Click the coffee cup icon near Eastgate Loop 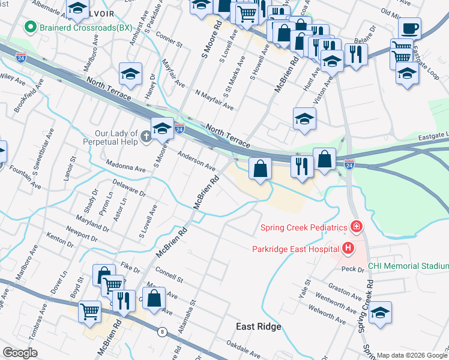409,28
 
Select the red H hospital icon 347,248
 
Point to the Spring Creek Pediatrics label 304,227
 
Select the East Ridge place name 258,326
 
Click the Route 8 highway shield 161,331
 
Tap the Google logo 20,353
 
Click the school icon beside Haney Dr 131,74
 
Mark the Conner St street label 168,40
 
